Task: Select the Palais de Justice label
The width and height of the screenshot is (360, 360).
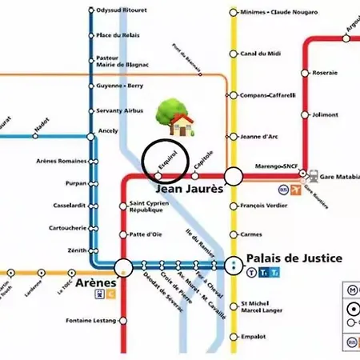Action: pos(294,258)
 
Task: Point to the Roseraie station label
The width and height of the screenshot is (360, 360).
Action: pos(326,72)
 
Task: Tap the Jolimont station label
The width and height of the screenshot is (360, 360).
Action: pos(326,114)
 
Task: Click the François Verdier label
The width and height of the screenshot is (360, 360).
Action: pos(266,206)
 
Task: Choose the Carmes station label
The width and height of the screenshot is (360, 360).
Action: pos(252,234)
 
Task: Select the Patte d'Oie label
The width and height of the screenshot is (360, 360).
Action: pos(146,234)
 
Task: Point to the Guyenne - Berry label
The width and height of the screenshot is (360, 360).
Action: pos(120,84)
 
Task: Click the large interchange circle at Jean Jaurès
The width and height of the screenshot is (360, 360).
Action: pos(234,176)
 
